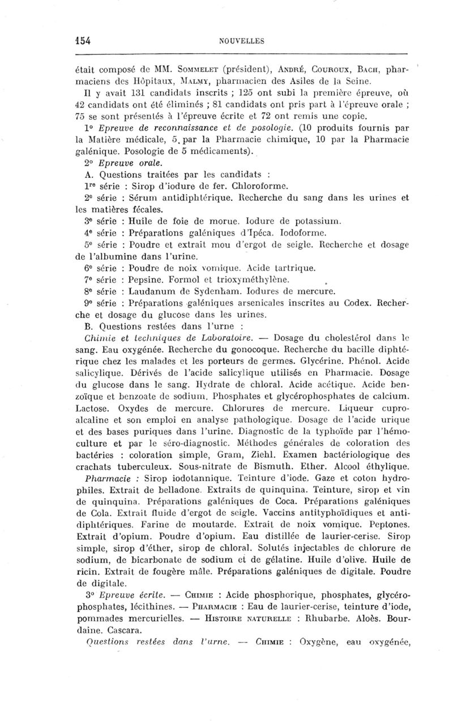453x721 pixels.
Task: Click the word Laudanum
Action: pos(153,292)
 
